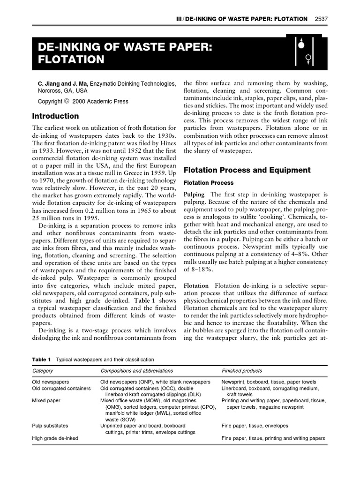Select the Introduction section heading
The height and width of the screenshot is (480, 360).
pyautogui.click(x=55, y=116)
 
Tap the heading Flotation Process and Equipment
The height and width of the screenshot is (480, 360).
pyautogui.click(x=247, y=170)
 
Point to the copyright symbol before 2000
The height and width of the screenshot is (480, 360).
pyautogui.click(x=66, y=101)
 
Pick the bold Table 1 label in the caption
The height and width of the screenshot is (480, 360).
pyautogui.click(x=41, y=360)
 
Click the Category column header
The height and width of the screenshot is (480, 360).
pyautogui.click(x=43, y=370)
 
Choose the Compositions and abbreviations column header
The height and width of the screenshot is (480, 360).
pyautogui.click(x=136, y=370)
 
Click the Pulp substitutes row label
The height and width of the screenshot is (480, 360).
pyautogui.click(x=50, y=426)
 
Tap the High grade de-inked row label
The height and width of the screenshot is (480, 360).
pyautogui.click(x=55, y=438)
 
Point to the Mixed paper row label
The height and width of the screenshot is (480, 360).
pyautogui.click(x=45, y=401)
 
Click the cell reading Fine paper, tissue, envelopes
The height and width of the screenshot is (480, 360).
pyautogui.click(x=255, y=426)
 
